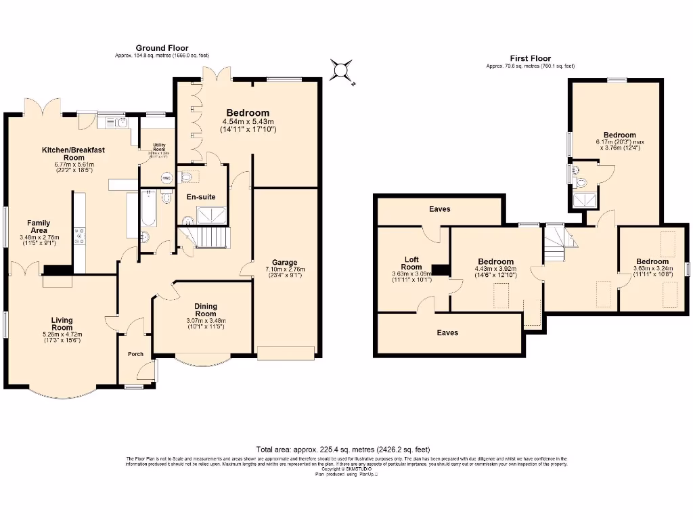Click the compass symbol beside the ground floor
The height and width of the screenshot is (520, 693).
point(340,70)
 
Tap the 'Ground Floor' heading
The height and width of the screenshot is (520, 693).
point(162,48)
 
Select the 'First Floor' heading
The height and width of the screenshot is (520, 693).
point(530,59)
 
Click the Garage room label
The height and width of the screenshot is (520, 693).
point(285,262)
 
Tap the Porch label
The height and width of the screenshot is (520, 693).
point(135,354)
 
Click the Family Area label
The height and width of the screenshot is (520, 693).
point(39,226)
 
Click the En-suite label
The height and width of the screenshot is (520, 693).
point(201,197)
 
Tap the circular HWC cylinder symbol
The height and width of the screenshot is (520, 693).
point(166,177)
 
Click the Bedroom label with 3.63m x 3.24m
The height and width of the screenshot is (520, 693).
point(652,261)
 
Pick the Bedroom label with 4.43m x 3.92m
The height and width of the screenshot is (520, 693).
point(496,261)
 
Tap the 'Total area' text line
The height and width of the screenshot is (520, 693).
point(343,450)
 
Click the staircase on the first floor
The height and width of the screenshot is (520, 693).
point(555,242)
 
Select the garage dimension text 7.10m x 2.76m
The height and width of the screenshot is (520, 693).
point(285,269)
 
